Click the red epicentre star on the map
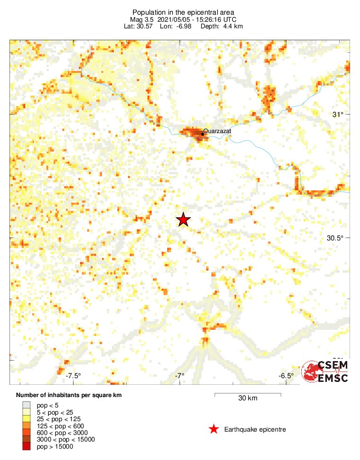point(183,220)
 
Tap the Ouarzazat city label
point(217,131)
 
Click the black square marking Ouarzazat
point(202,134)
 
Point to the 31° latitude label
point(337,115)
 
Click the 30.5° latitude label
point(334,238)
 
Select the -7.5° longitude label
point(73,376)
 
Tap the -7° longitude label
point(179,376)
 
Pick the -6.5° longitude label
point(285,376)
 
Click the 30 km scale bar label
point(247,398)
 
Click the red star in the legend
point(214,429)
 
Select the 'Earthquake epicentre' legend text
point(255,429)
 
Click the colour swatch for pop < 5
point(26,405)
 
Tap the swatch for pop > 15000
point(26,446)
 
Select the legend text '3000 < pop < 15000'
point(66,439)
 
